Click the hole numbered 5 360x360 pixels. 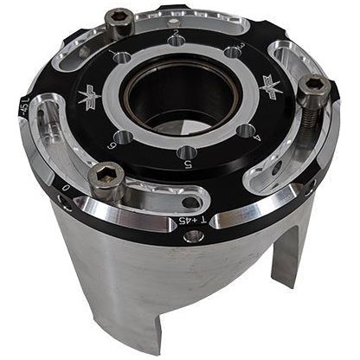coord(185,153)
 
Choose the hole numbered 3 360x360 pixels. coord(231,53)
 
